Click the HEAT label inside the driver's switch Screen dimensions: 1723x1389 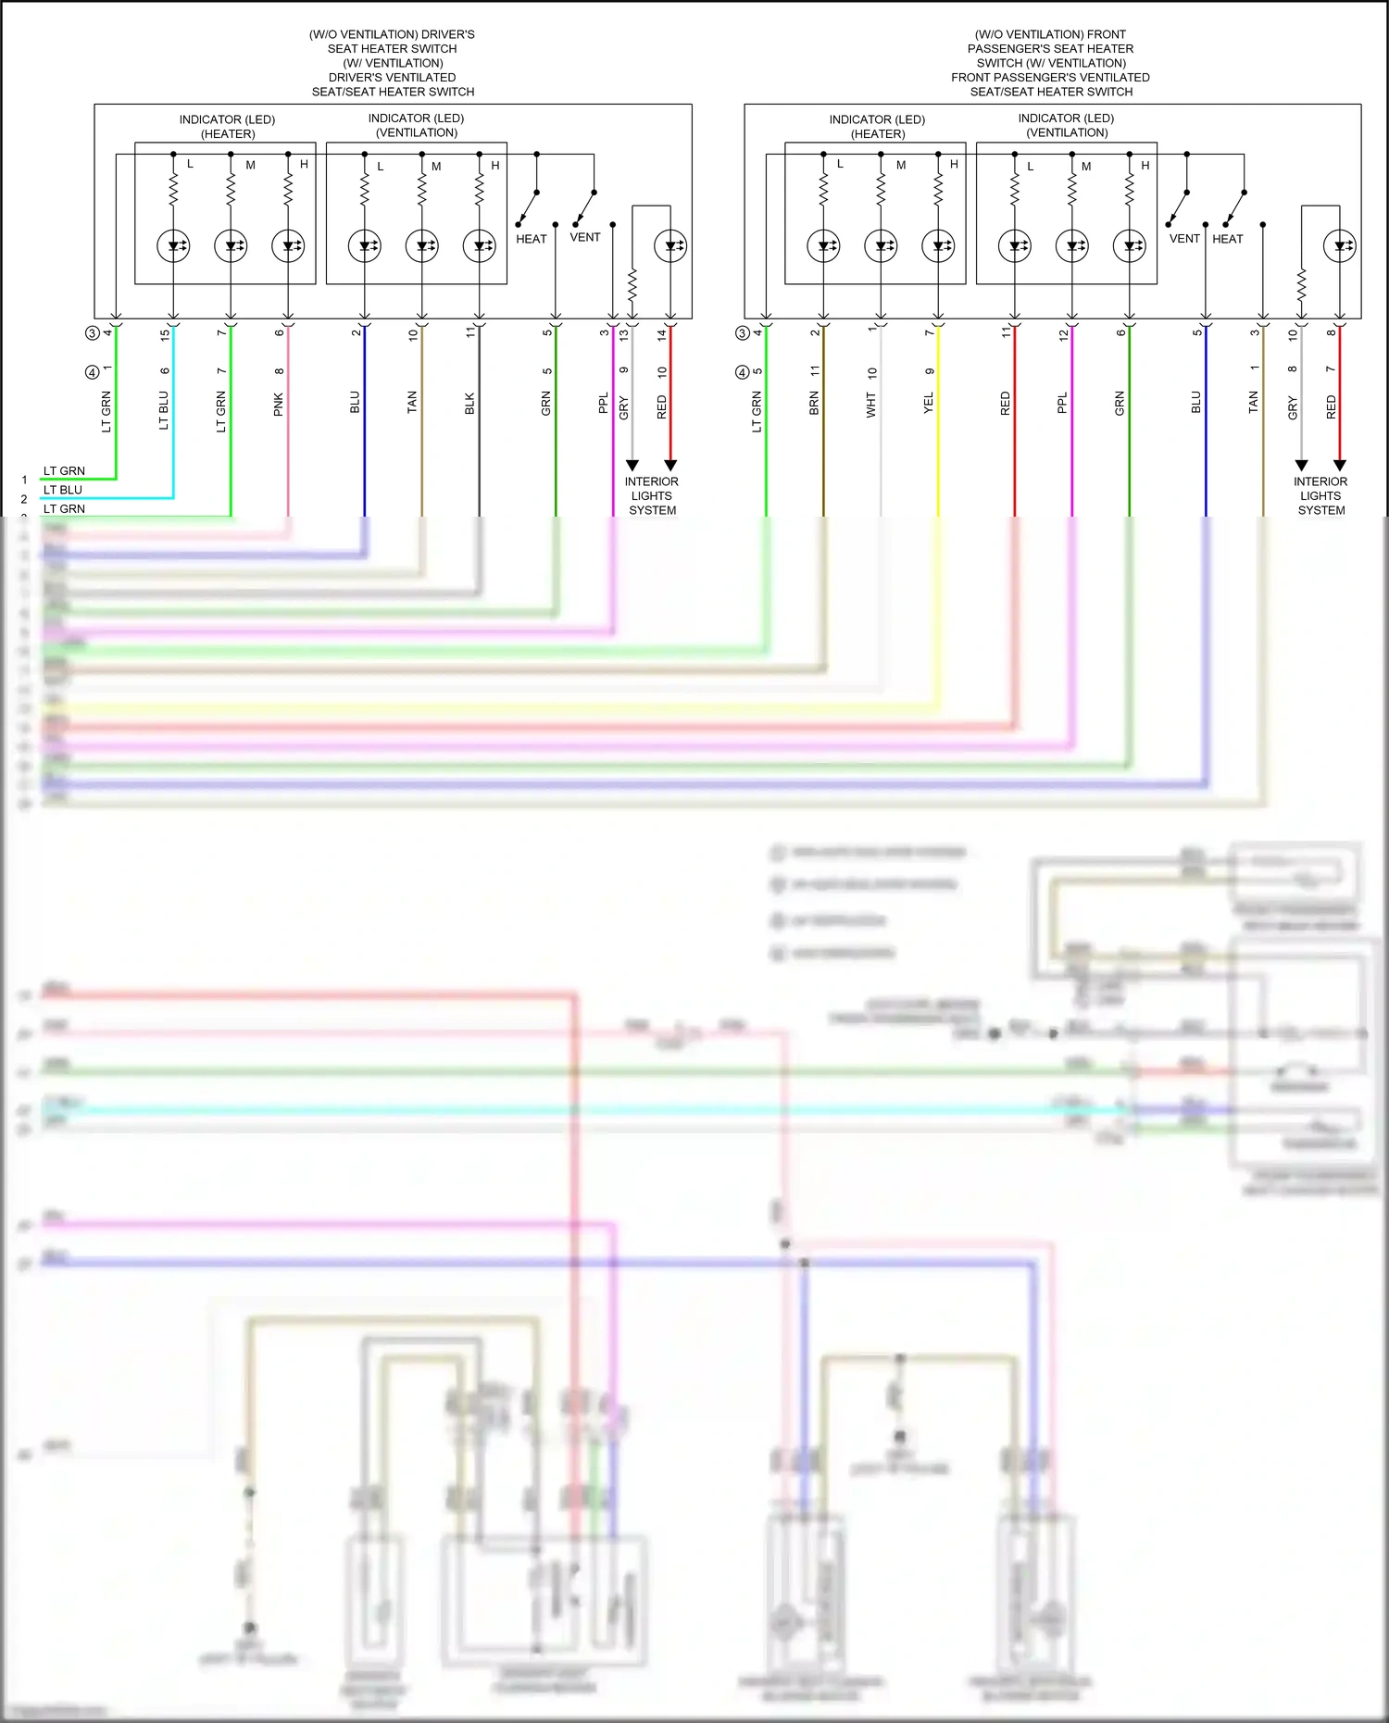[532, 239]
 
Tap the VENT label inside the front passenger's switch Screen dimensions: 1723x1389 [1184, 239]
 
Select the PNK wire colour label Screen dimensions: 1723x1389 [279, 405]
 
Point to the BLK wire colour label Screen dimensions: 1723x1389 [469, 404]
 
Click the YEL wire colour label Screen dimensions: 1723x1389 [929, 403]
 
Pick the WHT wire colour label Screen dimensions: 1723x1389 [871, 405]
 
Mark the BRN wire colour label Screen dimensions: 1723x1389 [814, 403]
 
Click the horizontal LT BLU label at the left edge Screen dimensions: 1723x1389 [63, 490]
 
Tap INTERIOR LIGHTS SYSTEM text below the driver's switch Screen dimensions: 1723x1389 [652, 496]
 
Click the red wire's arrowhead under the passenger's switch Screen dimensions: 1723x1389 [1339, 465]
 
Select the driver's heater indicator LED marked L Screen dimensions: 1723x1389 [173, 246]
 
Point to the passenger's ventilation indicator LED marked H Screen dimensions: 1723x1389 [1130, 246]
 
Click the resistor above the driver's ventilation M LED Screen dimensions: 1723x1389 [422, 190]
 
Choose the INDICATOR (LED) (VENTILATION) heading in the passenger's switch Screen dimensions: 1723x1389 [1067, 125]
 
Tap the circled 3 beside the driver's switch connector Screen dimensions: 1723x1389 [92, 333]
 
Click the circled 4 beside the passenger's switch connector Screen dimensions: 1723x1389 [742, 372]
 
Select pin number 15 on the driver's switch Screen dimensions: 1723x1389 [165, 334]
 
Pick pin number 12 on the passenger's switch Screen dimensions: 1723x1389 [1062, 334]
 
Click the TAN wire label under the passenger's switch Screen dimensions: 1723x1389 [1254, 402]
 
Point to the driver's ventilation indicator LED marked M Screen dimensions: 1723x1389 [422, 246]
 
